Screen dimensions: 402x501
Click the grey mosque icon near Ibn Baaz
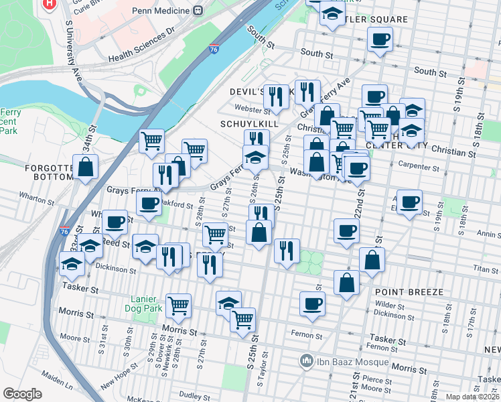[x=307, y=362]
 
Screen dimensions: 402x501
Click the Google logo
[x=22, y=394]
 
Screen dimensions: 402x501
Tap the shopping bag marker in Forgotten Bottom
[x=86, y=167]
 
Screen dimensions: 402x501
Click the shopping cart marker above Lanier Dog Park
[x=178, y=306]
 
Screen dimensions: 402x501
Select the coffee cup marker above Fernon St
[x=312, y=304]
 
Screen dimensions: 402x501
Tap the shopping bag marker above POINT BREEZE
[x=346, y=283]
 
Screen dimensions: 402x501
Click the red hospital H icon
[x=49, y=3]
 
